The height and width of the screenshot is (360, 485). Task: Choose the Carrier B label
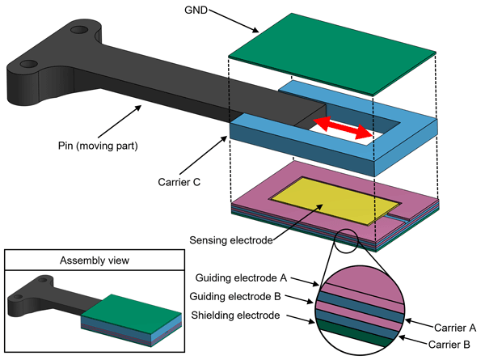(449, 345)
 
